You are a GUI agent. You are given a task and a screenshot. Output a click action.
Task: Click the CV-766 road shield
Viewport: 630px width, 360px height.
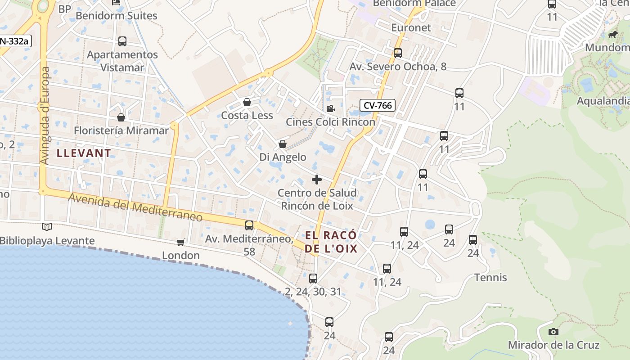(x=378, y=105)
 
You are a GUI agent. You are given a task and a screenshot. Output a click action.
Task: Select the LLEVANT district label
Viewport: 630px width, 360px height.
(x=84, y=153)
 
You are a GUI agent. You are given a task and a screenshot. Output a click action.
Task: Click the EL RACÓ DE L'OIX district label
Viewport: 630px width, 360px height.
(x=331, y=242)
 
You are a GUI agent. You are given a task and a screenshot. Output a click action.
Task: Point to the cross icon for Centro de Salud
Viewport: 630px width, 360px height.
(x=317, y=180)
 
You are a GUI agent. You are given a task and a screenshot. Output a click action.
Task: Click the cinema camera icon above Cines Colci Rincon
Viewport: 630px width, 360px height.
(x=330, y=108)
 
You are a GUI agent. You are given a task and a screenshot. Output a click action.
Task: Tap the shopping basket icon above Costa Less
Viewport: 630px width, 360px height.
(x=247, y=102)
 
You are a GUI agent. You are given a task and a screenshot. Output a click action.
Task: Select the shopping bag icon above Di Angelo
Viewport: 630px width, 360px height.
(x=283, y=144)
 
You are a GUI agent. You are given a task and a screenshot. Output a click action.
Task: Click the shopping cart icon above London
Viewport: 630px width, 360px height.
(x=181, y=243)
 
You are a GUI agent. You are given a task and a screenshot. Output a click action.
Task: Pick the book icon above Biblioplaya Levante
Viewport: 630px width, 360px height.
(x=47, y=227)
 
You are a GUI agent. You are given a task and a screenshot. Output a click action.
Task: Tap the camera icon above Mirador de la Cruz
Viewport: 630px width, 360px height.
(x=553, y=332)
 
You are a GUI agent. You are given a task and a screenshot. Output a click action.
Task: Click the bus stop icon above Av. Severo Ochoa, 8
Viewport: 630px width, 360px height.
(x=398, y=53)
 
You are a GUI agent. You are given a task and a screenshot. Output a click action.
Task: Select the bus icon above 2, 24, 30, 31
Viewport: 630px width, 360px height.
(x=313, y=278)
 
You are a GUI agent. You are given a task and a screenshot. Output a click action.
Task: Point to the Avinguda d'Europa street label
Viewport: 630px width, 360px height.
(x=45, y=116)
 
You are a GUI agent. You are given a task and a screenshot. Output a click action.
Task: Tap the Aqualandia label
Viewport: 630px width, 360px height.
(x=603, y=101)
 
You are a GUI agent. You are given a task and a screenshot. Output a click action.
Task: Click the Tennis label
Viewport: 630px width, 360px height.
(x=490, y=278)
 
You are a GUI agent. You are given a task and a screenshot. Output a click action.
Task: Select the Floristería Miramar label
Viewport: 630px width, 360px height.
(x=121, y=130)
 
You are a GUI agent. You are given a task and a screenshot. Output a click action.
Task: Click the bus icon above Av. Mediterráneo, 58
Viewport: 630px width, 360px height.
(x=249, y=225)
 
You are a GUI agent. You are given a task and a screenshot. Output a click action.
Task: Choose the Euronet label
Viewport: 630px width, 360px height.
(x=411, y=27)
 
